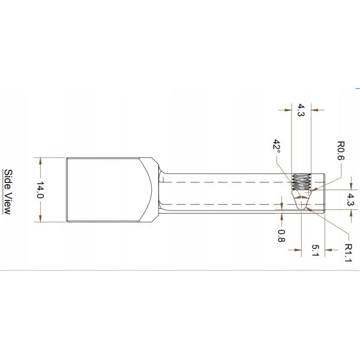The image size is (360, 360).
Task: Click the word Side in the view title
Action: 8,179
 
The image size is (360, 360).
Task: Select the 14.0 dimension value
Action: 40,190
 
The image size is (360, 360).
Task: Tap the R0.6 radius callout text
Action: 341,151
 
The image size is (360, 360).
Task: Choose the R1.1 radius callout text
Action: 348,253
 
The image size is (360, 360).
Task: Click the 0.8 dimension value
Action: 281,236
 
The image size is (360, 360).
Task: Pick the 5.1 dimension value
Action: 316,250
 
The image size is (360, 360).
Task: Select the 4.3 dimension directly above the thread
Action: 301,110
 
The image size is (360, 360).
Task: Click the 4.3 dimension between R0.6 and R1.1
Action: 350,199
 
